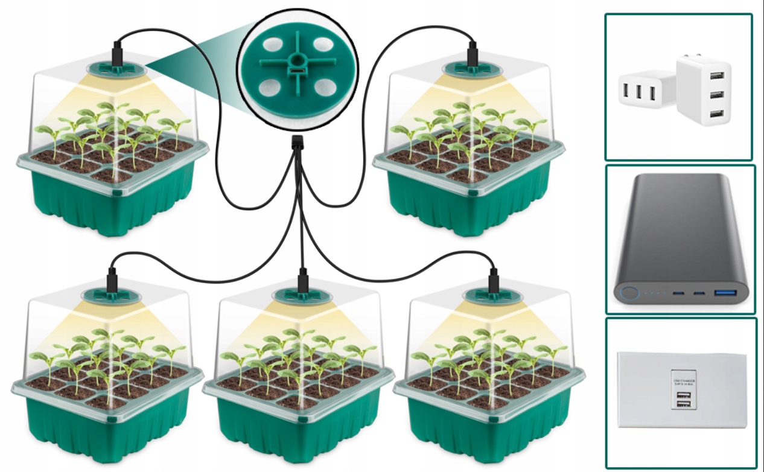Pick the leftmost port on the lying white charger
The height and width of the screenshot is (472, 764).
pos(625,92)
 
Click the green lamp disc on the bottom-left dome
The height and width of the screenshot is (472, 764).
pos(113,296)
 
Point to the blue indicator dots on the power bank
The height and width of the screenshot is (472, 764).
pos(655,294)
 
